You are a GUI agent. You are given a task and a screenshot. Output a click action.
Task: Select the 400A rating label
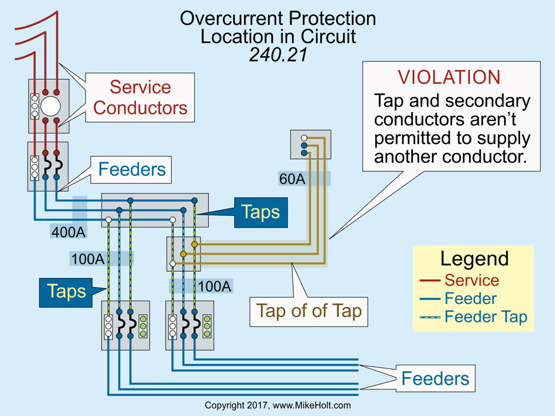(x=69, y=231)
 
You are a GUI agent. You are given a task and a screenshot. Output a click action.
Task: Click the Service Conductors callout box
(x=140, y=97)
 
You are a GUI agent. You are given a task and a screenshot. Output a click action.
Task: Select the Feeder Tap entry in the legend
(x=486, y=317)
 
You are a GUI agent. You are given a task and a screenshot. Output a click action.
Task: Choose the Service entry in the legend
(x=472, y=281)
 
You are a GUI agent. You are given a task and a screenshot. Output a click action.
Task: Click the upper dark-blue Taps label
(x=260, y=212)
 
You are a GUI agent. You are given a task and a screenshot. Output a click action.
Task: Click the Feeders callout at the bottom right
(x=435, y=379)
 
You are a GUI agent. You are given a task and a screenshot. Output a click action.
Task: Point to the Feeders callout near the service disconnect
(x=132, y=169)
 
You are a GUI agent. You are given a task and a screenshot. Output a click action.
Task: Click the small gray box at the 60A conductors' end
(x=310, y=144)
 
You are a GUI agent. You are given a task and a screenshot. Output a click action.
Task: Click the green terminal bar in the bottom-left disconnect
(x=143, y=326)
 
